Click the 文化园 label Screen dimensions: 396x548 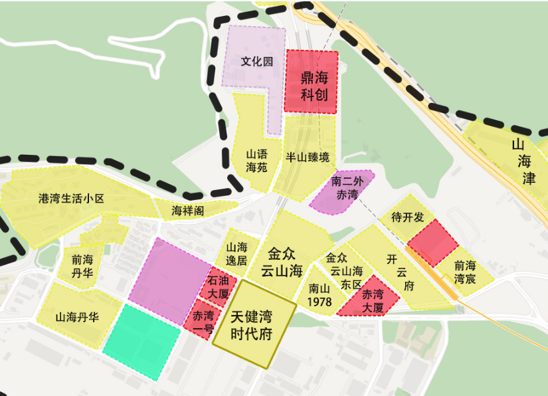pos(257,62)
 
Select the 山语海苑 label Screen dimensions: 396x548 pos(256,160)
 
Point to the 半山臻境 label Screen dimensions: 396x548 pos(308,158)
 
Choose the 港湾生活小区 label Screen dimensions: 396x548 pos(72,199)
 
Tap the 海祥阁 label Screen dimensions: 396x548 pos(188,211)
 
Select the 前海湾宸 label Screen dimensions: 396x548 pos(465,272)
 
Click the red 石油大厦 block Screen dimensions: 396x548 pos(217,286)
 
